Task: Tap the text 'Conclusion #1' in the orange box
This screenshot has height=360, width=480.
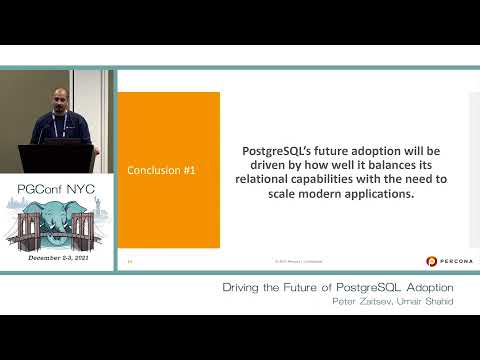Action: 161,171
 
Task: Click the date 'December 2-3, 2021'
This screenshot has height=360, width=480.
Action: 59,257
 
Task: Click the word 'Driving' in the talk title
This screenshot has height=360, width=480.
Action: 245,287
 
